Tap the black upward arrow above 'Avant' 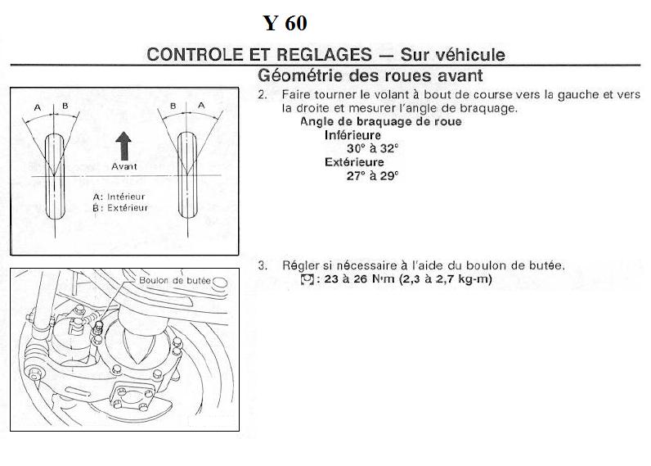123,147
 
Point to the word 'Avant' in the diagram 123,165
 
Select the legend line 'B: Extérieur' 119,208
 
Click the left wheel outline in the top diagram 55,174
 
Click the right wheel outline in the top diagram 185,174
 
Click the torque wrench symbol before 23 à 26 308,278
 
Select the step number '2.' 263,95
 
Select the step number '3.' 263,265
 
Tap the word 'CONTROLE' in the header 193,55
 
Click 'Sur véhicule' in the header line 452,55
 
